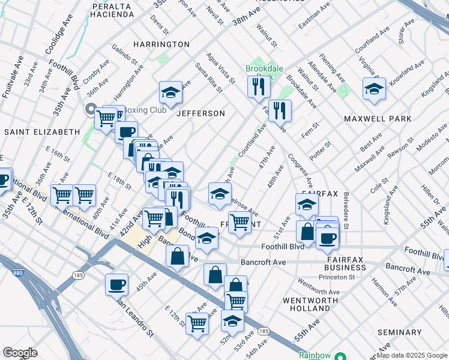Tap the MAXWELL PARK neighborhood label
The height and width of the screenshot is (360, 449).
378,119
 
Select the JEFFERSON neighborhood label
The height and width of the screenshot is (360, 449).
200,113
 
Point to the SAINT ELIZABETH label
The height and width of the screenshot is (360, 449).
42,131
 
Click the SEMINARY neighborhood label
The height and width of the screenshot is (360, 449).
400,332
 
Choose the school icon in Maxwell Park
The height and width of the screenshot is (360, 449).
374,89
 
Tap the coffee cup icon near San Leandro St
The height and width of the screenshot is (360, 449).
116,284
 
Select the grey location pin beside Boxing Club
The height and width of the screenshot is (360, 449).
91,109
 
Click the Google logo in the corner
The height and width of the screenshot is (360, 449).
20,353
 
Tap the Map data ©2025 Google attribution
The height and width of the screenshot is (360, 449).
411,355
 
